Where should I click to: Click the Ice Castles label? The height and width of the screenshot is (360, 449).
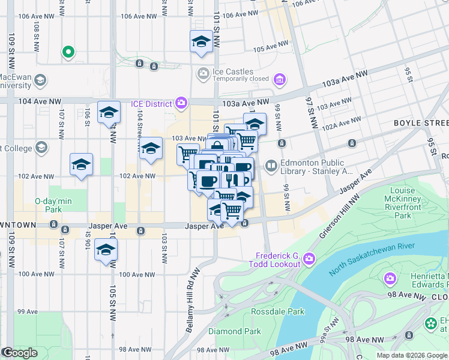tap(232, 71)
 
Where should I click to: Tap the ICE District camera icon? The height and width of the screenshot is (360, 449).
tap(181, 103)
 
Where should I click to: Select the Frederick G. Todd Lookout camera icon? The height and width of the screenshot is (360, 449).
tap(309, 259)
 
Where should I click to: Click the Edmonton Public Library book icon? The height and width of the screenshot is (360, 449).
tap(271, 165)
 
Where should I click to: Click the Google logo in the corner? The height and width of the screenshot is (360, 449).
tap(20, 353)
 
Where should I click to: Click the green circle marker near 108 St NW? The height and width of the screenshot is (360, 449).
tap(68, 52)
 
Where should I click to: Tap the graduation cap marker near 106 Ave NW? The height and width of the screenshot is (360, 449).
tap(201, 43)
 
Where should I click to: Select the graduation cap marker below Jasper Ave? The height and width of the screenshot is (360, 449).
tap(106, 250)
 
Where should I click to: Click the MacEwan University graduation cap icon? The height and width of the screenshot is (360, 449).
tap(40, 80)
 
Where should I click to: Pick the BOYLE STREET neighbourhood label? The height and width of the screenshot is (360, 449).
tap(421, 123)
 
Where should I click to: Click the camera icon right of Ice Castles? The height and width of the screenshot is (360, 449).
tap(279, 79)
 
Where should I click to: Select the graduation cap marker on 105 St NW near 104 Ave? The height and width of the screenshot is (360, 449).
tap(109, 112)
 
